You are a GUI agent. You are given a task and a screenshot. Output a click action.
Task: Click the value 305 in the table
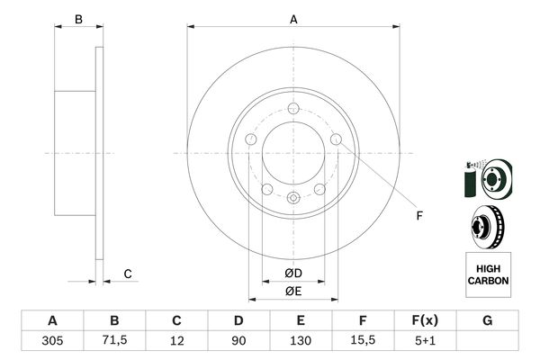(52, 340)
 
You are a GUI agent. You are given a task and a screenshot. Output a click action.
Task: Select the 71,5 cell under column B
(114, 340)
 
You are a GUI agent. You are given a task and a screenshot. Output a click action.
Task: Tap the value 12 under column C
(176, 340)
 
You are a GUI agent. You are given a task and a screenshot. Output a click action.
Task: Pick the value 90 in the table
(238, 340)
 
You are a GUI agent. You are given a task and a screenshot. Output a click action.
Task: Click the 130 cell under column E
(301, 340)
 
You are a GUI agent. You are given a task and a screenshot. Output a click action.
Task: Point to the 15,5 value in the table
(363, 340)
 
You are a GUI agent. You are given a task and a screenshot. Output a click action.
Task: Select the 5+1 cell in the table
(425, 340)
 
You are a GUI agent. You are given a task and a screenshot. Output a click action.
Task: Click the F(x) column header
(425, 320)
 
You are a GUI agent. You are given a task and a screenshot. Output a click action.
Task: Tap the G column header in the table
(487, 320)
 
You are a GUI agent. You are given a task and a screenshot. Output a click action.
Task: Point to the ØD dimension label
(292, 273)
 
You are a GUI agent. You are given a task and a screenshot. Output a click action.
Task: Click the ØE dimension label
(292, 291)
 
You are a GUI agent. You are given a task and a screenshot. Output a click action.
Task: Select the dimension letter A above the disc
(292, 19)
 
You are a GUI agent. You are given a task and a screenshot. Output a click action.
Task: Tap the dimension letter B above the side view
(78, 19)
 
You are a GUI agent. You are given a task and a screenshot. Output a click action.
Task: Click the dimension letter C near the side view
(128, 274)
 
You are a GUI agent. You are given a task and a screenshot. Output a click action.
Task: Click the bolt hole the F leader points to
(336, 139)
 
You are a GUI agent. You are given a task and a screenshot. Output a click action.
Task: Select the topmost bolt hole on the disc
(292, 110)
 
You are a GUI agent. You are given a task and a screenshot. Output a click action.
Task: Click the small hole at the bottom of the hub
(292, 199)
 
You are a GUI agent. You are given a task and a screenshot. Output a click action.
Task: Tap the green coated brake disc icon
(486, 178)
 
